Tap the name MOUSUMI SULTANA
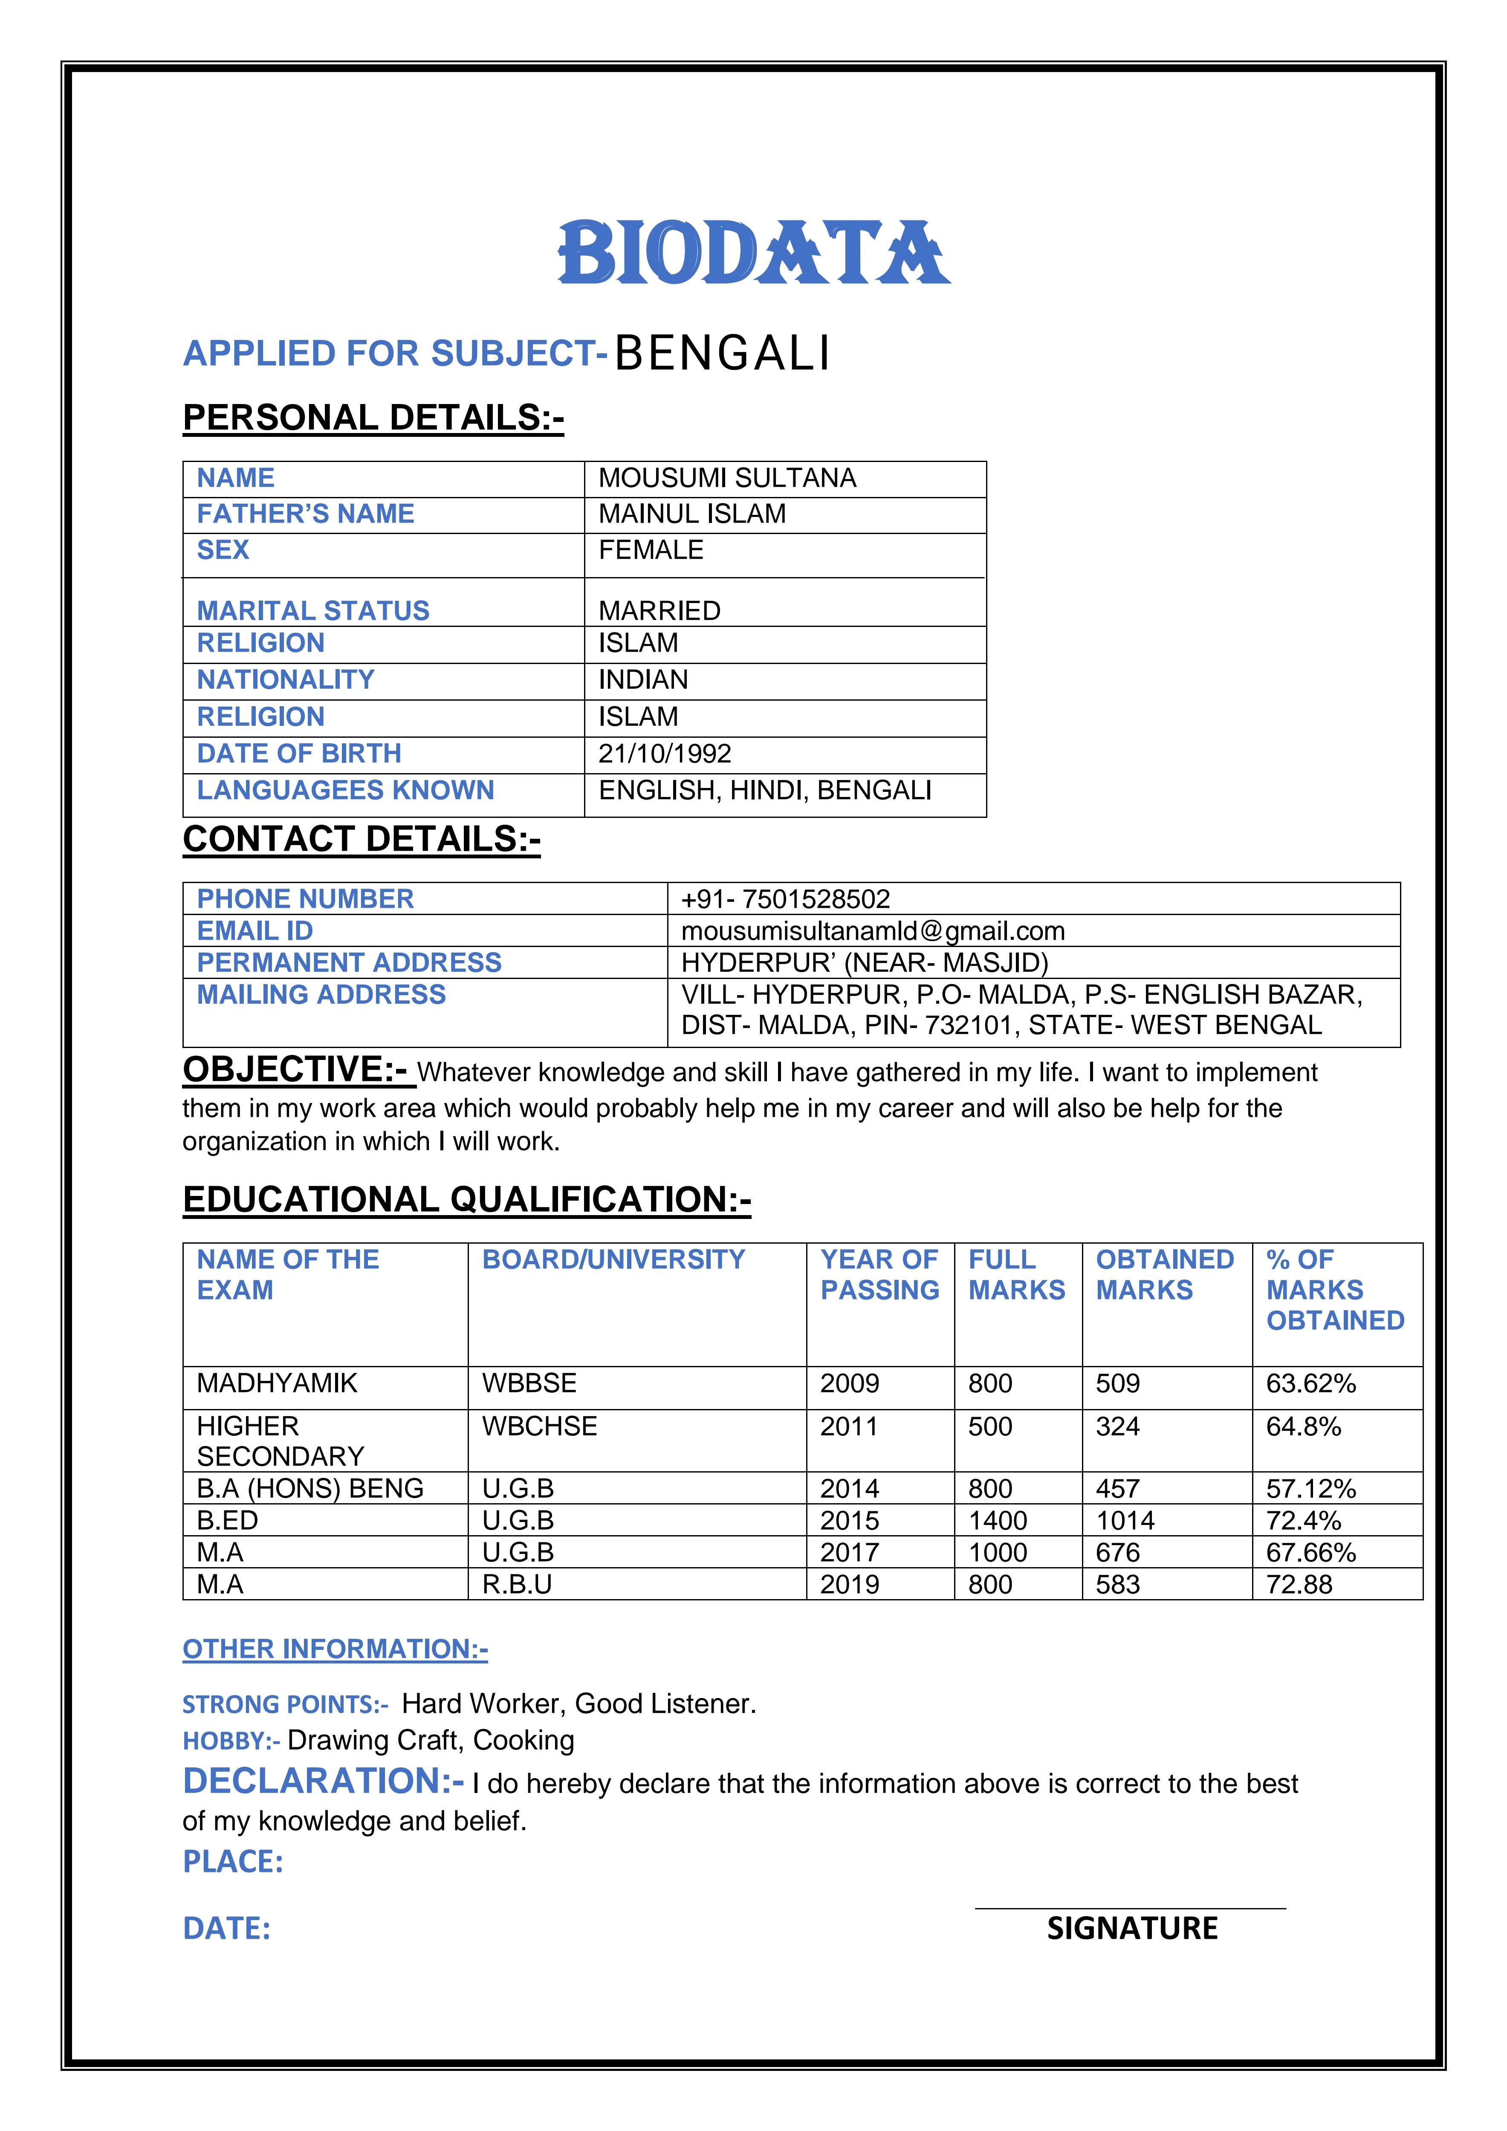click(x=727, y=478)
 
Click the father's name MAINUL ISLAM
click(x=692, y=514)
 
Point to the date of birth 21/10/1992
click(x=665, y=754)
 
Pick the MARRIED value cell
click(x=659, y=611)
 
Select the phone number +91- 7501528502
click(x=786, y=898)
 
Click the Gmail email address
click(x=873, y=931)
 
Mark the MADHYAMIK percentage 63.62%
click(x=1311, y=1384)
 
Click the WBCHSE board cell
click(x=539, y=1426)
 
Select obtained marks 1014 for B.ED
click(x=1125, y=1520)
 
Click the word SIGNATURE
click(x=1132, y=1929)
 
